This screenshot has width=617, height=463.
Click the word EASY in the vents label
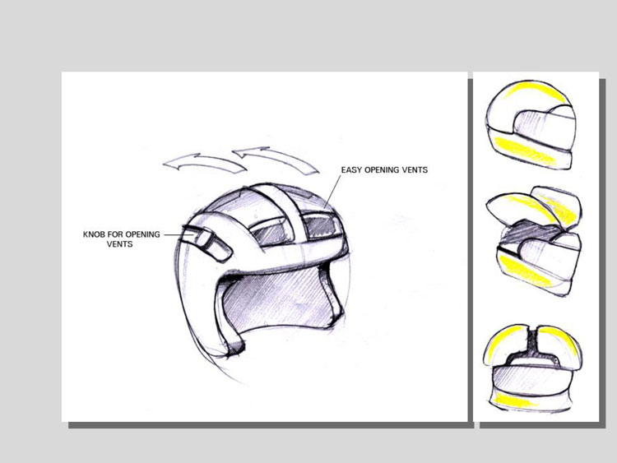tap(351, 170)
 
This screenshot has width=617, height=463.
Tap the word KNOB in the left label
tap(92, 234)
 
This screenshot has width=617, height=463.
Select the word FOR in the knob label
tap(112, 234)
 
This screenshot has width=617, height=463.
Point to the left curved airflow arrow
tap(205, 162)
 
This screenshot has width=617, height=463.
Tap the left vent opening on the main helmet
tap(269, 230)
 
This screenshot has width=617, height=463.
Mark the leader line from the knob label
tap(178, 234)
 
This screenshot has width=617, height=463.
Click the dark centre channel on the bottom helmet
tap(532, 346)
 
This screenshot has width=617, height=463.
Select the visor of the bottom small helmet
tap(531, 378)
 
